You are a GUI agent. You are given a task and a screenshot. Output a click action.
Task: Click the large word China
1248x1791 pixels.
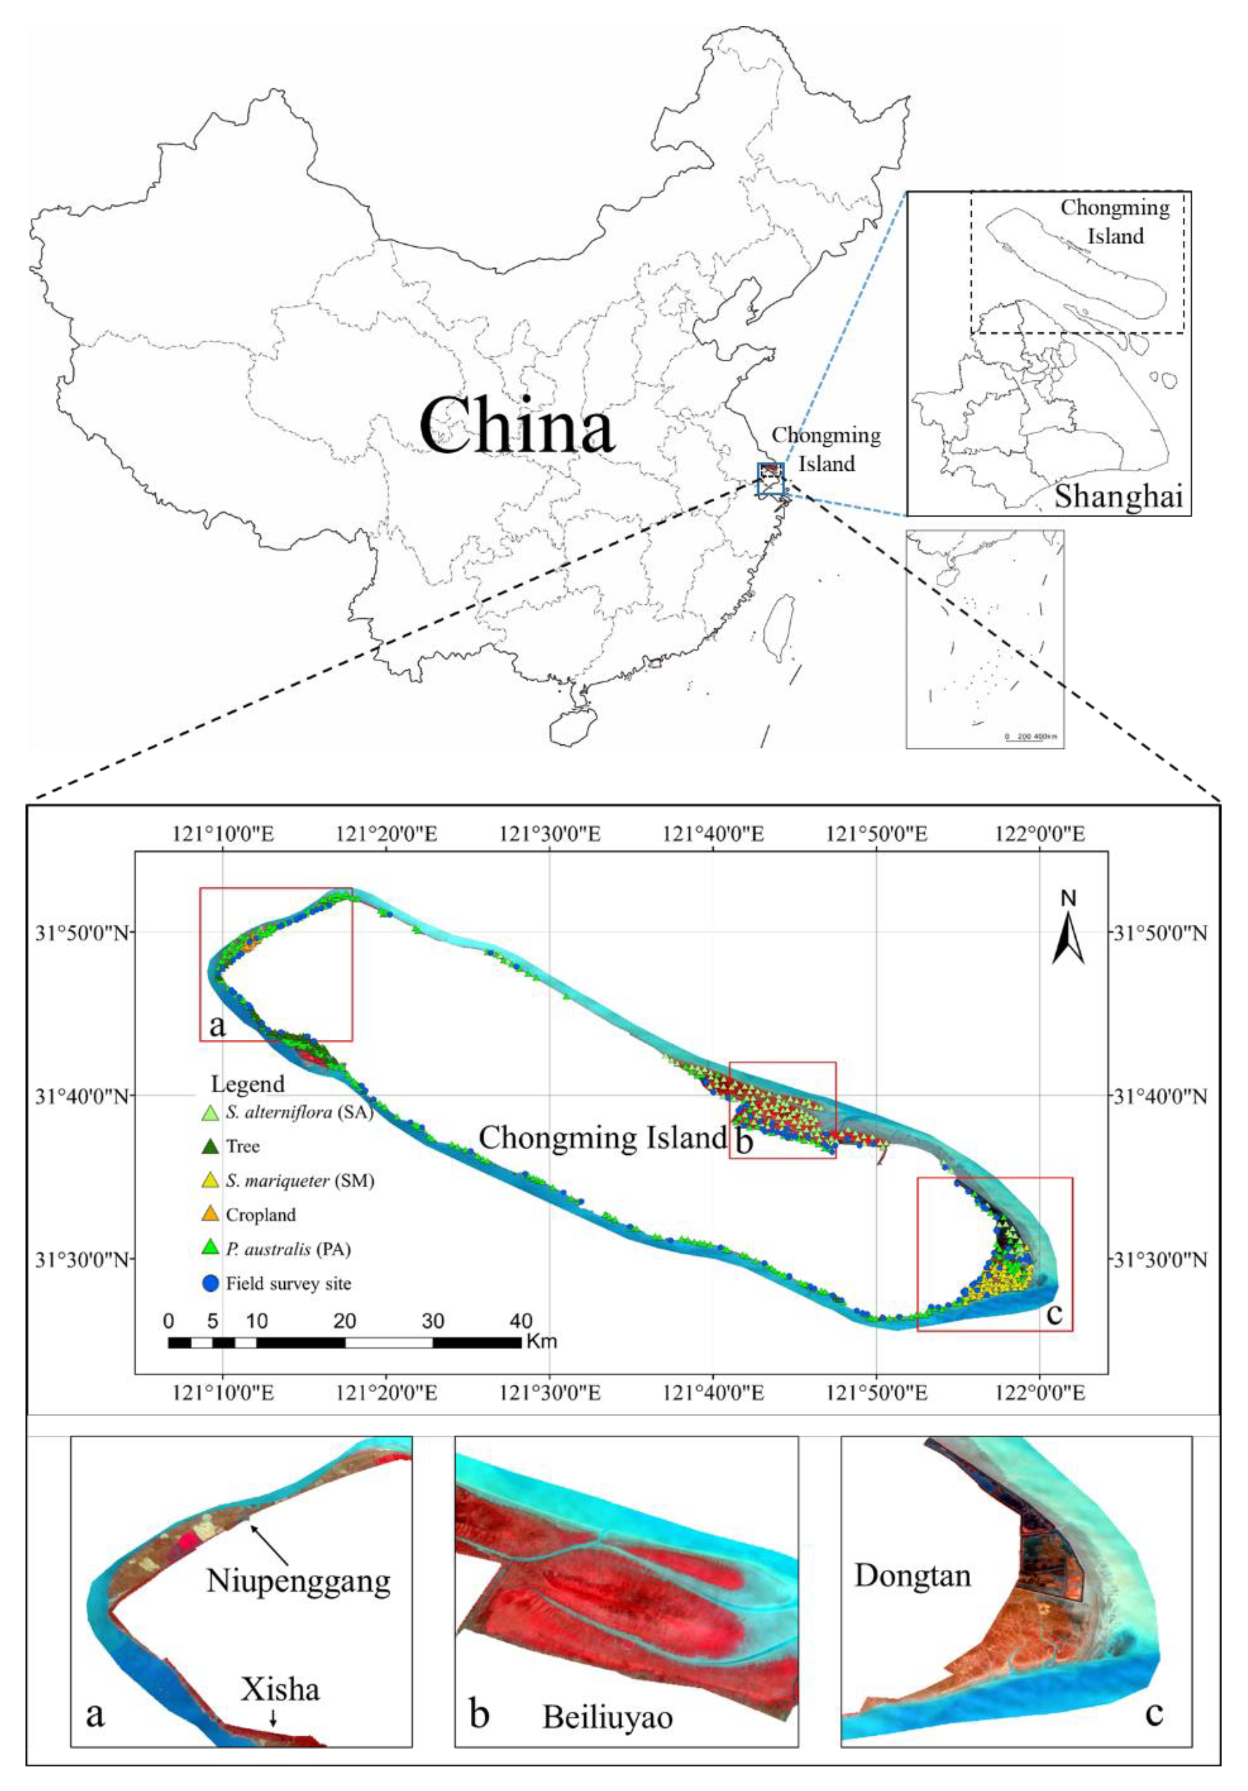coord(516,426)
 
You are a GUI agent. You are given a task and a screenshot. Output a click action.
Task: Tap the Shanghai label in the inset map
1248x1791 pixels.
coord(1119,496)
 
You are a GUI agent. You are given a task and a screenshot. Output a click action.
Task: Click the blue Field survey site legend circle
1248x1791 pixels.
coord(210,1283)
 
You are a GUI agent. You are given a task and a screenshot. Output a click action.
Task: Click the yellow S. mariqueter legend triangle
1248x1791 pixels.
coord(210,1180)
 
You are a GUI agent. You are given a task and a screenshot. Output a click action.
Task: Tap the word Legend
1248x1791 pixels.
coord(248,1084)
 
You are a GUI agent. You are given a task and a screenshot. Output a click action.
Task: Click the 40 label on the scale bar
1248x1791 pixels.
coord(521,1321)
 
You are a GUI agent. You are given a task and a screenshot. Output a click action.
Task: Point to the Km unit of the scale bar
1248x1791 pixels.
coord(541,1342)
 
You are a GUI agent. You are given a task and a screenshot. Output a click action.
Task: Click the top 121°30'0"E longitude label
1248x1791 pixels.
coord(550,835)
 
